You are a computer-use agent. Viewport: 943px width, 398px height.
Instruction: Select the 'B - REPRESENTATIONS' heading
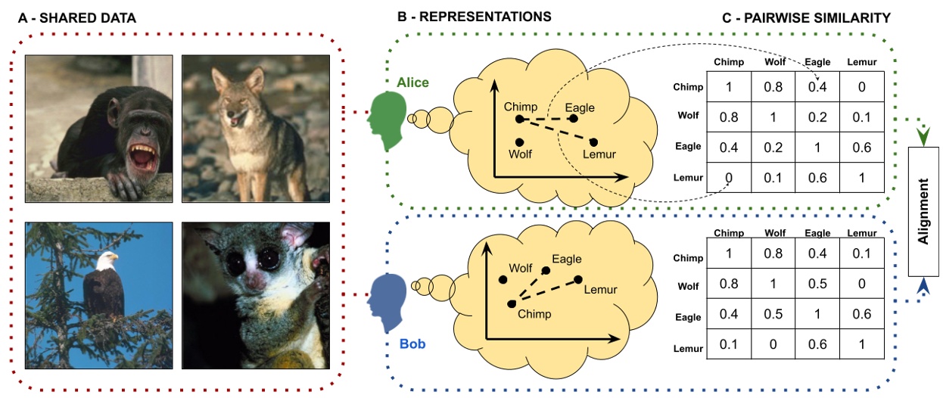point(474,16)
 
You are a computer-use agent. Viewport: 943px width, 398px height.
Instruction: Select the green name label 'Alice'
point(412,82)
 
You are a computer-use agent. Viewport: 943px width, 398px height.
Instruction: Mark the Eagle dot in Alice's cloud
point(573,119)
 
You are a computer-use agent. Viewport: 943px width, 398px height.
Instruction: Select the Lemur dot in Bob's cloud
point(578,280)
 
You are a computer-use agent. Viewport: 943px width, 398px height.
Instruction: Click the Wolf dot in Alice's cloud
point(519,142)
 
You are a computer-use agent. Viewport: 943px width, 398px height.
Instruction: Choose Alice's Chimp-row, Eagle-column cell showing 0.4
point(814,87)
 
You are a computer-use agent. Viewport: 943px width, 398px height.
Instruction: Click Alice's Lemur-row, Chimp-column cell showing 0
point(730,178)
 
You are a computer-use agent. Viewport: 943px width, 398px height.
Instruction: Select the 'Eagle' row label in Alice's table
point(688,147)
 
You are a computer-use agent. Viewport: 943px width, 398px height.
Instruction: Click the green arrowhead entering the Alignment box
point(923,135)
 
